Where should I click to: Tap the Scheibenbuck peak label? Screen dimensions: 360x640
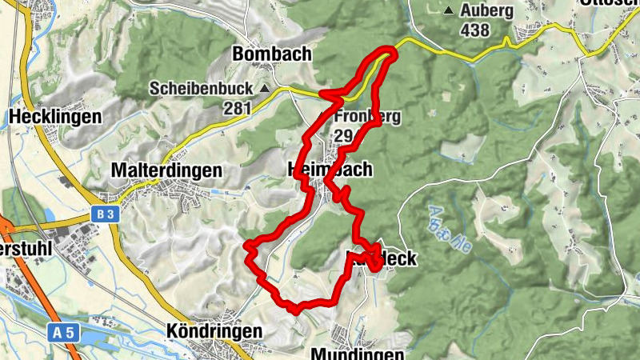point(201,88)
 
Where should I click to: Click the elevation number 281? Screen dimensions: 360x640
point(238,107)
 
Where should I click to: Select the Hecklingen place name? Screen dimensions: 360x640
point(55,117)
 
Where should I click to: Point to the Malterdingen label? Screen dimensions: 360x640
point(166,170)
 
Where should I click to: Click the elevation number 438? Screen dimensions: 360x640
point(477,30)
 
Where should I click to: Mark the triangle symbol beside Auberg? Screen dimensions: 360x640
point(449,11)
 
